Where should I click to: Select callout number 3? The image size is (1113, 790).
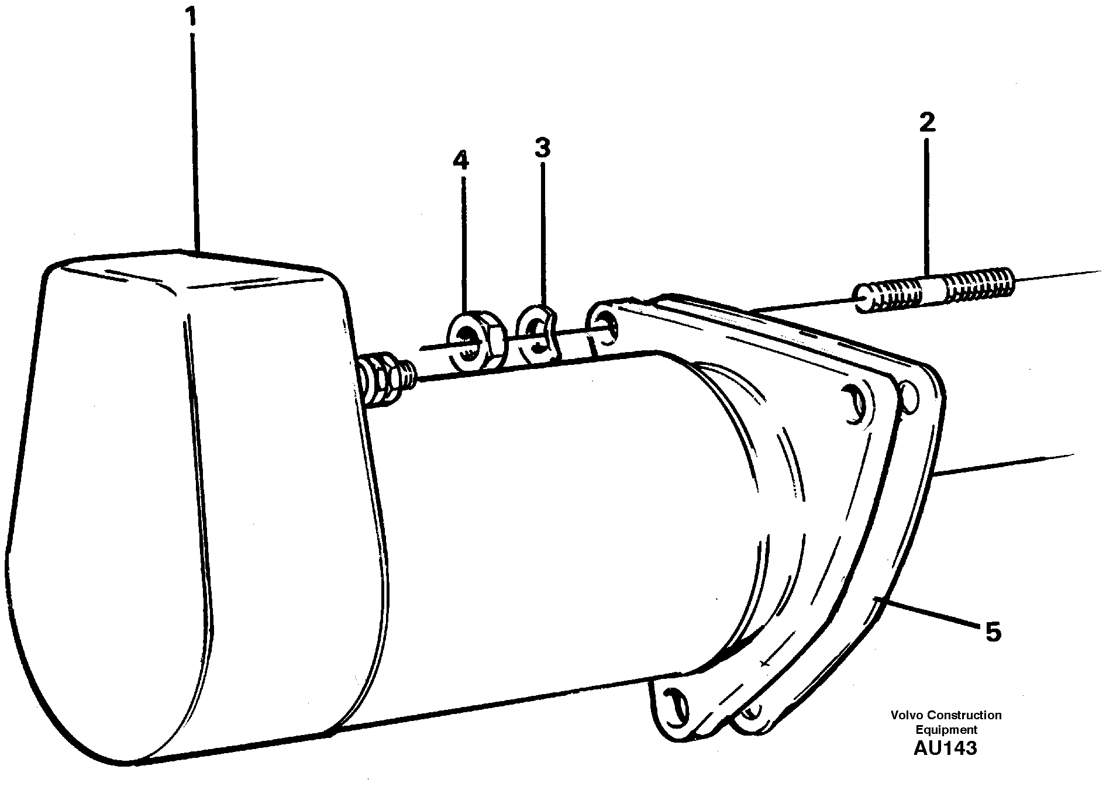[x=542, y=149]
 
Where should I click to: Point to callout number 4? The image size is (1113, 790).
[x=461, y=160]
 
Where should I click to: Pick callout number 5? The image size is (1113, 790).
[x=993, y=632]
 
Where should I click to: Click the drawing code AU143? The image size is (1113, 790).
[x=945, y=748]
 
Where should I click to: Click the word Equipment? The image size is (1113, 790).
[x=946, y=730]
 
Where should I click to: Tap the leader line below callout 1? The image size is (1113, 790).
[x=195, y=140]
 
